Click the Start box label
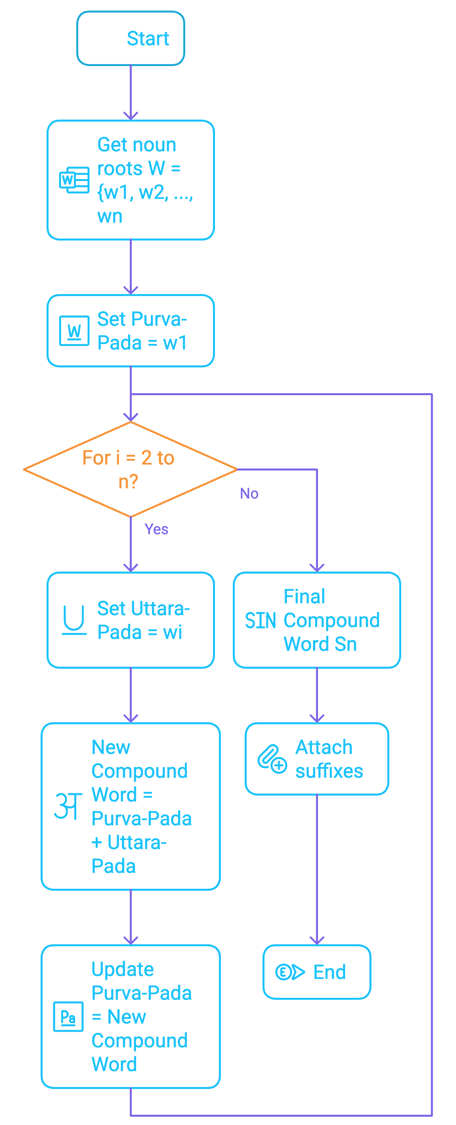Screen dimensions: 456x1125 pos(148,38)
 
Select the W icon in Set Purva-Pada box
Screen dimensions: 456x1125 pos(74,331)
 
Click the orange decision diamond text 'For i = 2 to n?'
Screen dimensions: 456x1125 pos(128,469)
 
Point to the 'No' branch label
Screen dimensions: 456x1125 pos(249,494)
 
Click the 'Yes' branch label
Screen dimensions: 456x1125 pos(156,529)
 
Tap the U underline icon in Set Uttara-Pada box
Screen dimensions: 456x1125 pos(74,620)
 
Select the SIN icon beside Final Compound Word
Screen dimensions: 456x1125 pos(261,620)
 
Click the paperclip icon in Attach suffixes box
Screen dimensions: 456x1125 pos(272,759)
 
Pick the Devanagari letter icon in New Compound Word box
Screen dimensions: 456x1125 pos(68,806)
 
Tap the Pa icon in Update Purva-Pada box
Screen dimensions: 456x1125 pos(68,1017)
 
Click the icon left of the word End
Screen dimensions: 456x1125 pos(290,972)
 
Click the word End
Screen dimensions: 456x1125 pos(330,972)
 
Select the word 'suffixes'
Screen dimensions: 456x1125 pos(329,771)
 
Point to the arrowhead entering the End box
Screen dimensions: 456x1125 pos(317,940)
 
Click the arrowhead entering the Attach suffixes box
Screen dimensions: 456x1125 pos(317,718)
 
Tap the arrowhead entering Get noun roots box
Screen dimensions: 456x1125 pos(130,116)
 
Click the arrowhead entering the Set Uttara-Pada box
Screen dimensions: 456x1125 pos(130,568)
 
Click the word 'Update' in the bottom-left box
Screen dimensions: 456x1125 pos(123,969)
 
